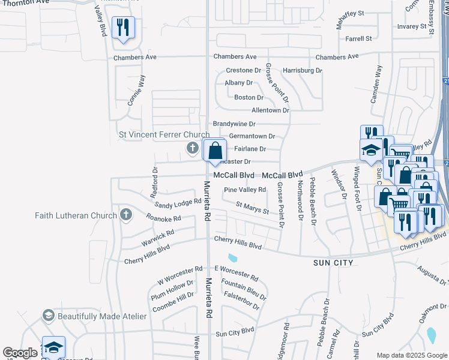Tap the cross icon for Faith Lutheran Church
click(125, 214)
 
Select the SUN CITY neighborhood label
click(336, 263)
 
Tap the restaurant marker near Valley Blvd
click(123, 28)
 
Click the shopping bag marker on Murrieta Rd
click(215, 151)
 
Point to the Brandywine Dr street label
click(234, 124)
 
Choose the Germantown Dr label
click(252, 136)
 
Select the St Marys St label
click(252, 208)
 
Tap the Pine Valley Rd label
click(244, 190)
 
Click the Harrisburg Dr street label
click(302, 70)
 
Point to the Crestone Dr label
click(243, 70)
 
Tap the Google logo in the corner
click(20, 353)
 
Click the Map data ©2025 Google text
click(411, 355)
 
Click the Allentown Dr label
click(270, 110)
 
